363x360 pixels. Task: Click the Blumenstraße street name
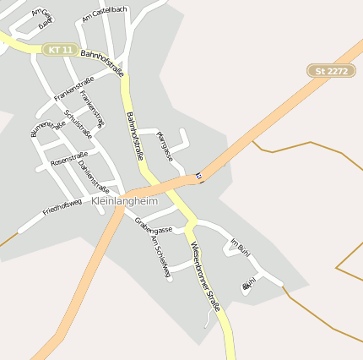point(47,128)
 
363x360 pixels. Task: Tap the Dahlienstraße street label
point(93,176)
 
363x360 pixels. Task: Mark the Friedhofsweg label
point(62,206)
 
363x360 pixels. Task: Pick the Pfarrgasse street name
point(165,146)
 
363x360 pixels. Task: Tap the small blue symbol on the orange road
point(199,177)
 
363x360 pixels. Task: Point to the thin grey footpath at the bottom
point(208,319)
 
